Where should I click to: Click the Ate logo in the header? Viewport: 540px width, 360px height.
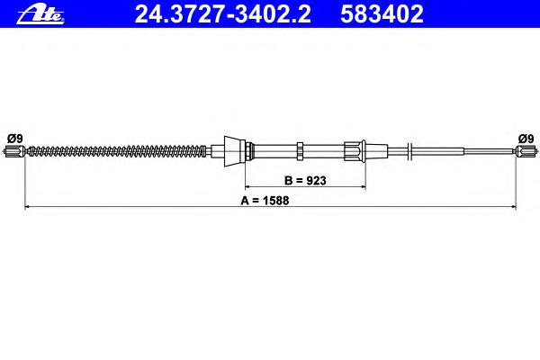40,15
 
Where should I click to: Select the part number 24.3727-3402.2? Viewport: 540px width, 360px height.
223,14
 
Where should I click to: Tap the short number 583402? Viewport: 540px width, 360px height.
382,14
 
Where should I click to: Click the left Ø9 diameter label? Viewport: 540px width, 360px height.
14,139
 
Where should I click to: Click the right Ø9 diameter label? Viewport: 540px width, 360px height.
526,139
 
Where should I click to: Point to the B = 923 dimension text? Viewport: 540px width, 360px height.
305,181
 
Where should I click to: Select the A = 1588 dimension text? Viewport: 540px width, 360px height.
265,201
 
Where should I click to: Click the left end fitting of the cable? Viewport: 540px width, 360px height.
14,151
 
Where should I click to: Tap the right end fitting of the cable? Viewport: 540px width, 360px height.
526,150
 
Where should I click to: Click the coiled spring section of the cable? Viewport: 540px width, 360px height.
117,151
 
